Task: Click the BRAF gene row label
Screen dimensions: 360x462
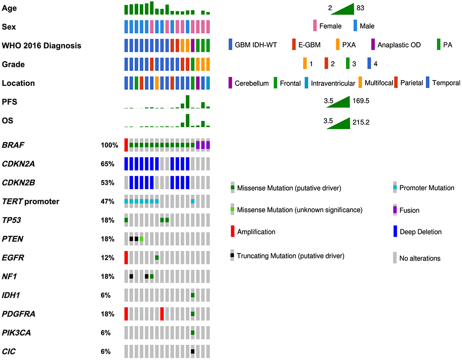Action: point(14,145)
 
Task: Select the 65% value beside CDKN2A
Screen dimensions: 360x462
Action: point(107,164)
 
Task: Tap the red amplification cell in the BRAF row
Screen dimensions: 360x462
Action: point(126,145)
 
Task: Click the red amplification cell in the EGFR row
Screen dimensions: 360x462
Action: point(126,257)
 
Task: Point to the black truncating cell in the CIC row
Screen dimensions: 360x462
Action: point(193,352)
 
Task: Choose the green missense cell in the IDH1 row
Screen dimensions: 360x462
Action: point(193,295)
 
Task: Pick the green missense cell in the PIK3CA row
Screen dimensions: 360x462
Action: point(193,333)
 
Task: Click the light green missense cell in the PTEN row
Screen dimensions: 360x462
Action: point(142,239)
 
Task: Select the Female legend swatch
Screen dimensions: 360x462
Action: point(315,26)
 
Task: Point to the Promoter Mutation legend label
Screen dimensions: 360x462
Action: point(427,188)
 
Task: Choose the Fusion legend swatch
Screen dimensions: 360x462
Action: point(396,210)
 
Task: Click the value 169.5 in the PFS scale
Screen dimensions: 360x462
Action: point(360,101)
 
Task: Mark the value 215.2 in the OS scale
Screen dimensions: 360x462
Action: point(360,122)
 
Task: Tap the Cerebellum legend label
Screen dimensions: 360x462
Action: point(252,83)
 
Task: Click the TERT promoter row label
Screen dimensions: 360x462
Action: point(31,202)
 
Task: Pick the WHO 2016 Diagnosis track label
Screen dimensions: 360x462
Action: point(42,45)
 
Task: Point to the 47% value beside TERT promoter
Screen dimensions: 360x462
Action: point(107,202)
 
